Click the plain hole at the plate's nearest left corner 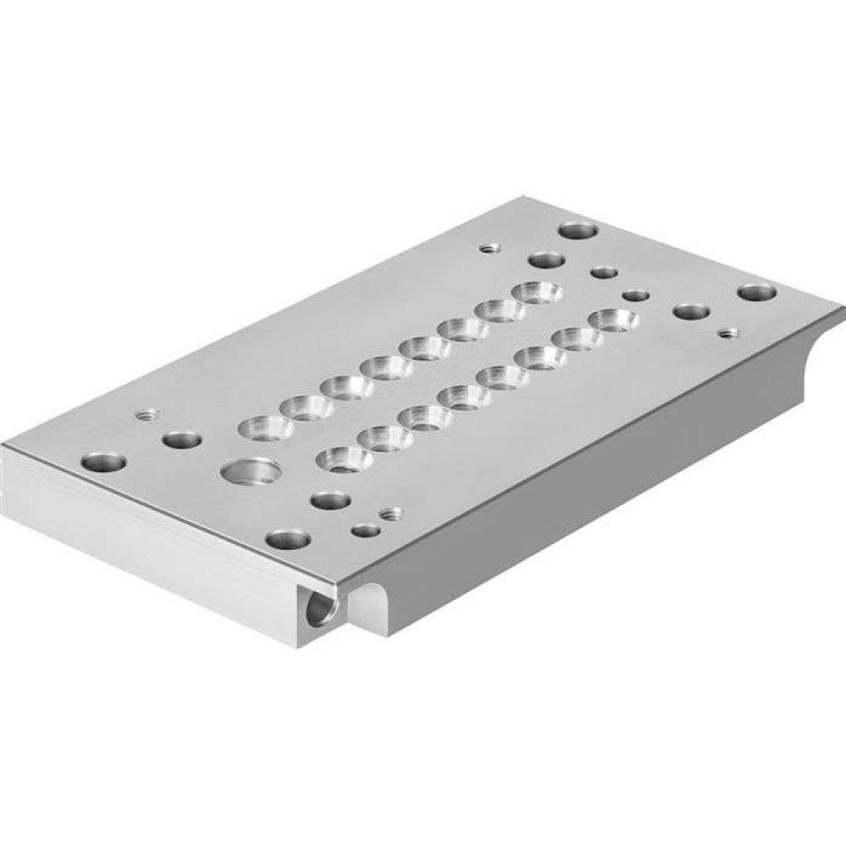click(104, 463)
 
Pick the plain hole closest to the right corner click(756, 293)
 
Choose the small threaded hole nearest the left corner click(146, 415)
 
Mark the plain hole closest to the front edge click(287, 539)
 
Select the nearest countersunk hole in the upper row click(266, 427)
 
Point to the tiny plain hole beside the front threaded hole click(366, 531)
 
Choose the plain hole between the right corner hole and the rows click(690, 311)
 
